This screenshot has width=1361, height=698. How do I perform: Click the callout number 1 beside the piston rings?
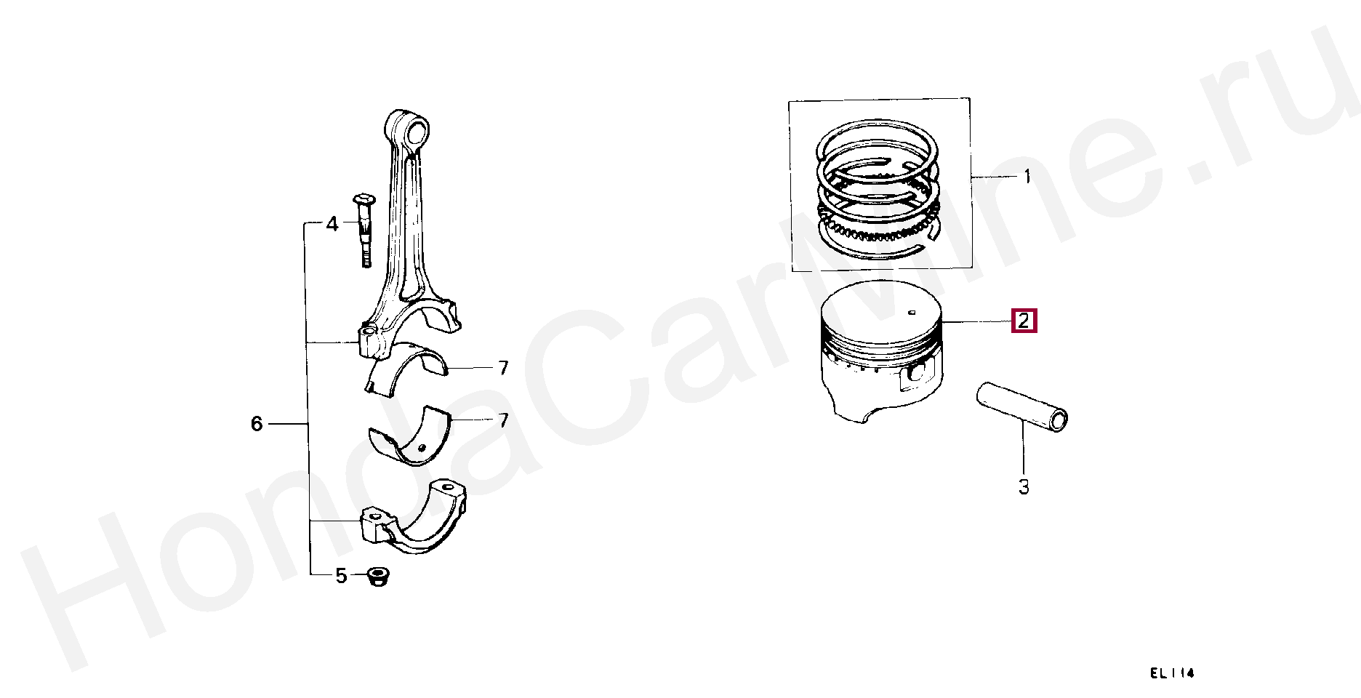[x=1027, y=177]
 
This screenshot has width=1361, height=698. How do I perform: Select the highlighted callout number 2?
[x=1024, y=321]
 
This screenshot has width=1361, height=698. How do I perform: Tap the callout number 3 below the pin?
[x=1024, y=487]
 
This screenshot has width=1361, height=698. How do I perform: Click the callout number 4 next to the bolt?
[x=332, y=224]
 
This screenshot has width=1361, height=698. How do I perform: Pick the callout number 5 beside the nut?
[x=341, y=576]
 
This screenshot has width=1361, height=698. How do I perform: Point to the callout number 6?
[x=257, y=424]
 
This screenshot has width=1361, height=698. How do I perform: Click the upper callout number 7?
[x=503, y=368]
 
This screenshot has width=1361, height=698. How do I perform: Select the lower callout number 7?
[x=503, y=420]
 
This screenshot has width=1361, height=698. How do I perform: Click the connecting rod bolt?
[x=364, y=230]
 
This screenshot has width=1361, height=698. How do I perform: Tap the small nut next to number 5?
[x=377, y=577]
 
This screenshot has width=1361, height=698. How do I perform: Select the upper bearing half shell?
[x=407, y=368]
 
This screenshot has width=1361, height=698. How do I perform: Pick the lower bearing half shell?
[x=409, y=435]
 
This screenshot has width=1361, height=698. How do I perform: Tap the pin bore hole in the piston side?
[x=915, y=374]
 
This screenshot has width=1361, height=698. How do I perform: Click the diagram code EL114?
[x=1172, y=673]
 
